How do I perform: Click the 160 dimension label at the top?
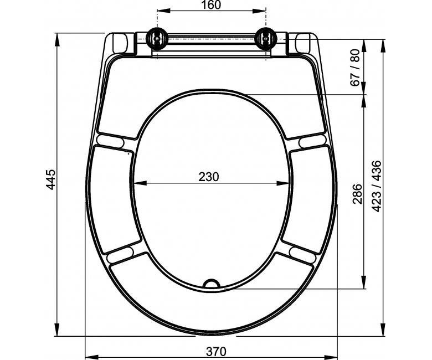click(x=211, y=5)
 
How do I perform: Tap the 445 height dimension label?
click(x=51, y=180)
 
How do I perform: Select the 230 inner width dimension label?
click(x=209, y=177)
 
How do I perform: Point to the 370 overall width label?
click(x=216, y=352)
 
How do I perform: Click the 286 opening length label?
click(x=357, y=194)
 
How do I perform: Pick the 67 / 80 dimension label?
click(x=356, y=68)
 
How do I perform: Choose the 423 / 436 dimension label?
click(x=377, y=186)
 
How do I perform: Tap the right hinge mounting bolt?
click(x=266, y=39)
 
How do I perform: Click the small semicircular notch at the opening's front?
click(x=212, y=284)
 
